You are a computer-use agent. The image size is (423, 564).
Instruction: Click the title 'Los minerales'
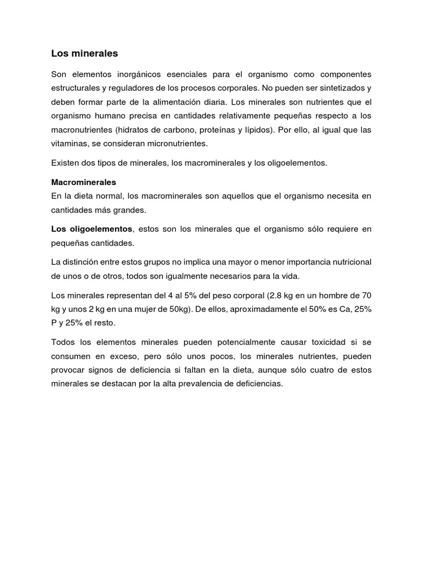(84, 54)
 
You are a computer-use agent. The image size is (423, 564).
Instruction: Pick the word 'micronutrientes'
(176, 144)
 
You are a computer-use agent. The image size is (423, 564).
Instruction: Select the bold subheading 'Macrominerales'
(84, 182)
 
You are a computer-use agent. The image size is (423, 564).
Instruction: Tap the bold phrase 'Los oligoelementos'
(91, 229)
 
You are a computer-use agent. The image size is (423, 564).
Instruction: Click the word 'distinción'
(88, 262)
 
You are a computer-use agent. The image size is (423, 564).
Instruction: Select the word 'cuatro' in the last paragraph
(323, 370)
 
